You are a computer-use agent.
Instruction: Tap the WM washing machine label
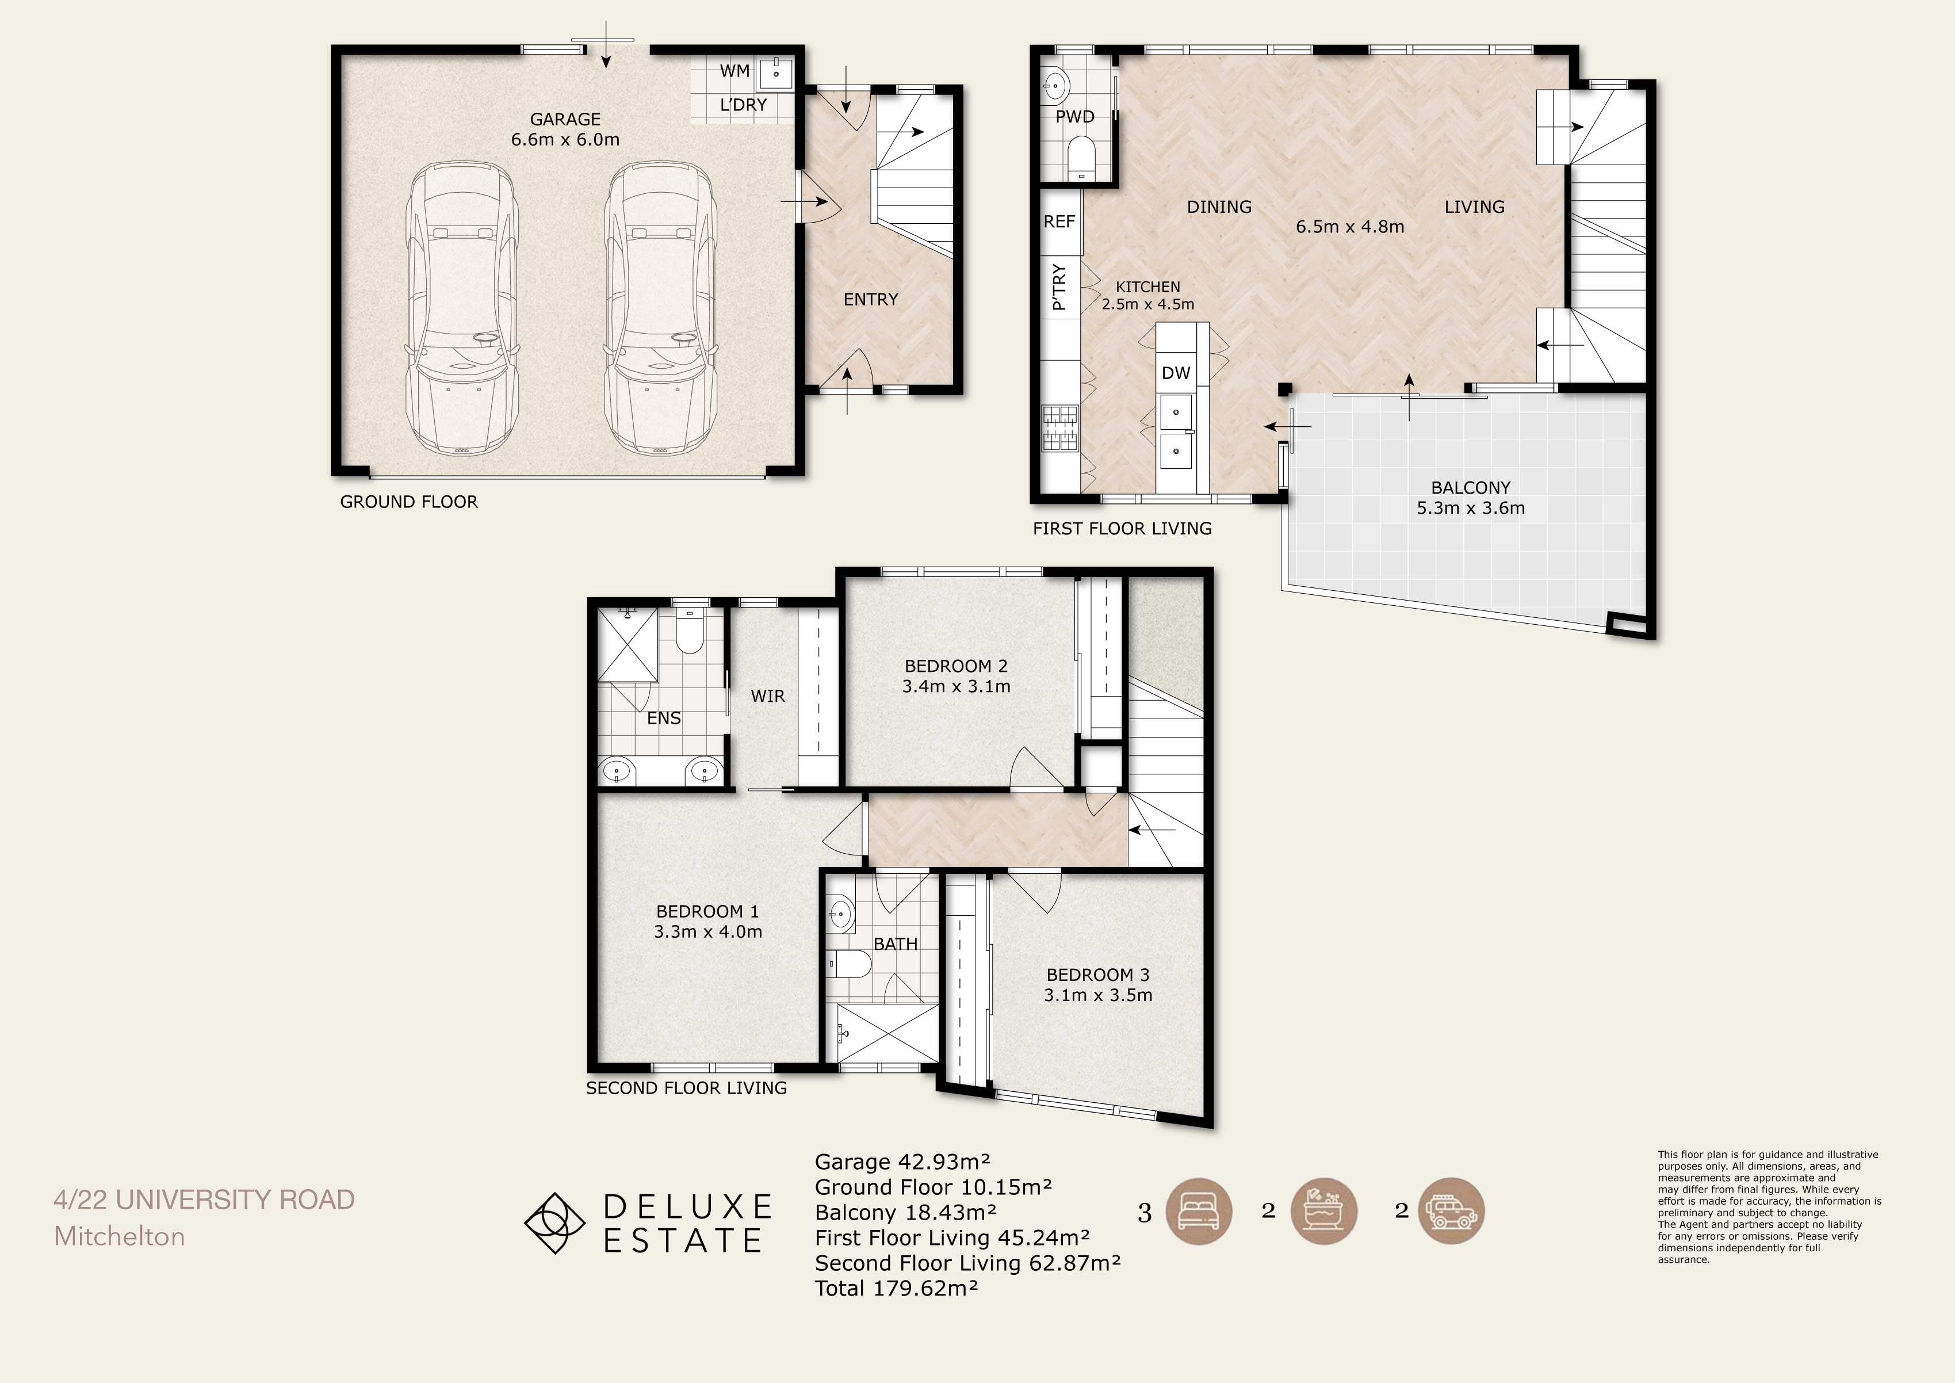point(735,71)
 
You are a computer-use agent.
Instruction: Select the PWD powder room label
point(1074,117)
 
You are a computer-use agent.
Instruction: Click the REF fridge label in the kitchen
point(1059,221)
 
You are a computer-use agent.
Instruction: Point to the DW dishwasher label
point(1176,373)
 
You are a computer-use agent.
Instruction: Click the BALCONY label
point(1471,488)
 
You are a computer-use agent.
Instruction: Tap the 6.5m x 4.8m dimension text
point(1349,227)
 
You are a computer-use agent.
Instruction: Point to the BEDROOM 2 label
point(956,666)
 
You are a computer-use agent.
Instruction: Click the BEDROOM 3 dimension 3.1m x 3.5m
point(1099,995)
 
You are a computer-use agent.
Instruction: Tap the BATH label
point(896,945)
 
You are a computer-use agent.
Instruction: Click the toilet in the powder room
point(1081,158)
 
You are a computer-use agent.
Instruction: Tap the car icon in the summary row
point(1452,1211)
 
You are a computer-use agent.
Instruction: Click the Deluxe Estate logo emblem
point(555,1224)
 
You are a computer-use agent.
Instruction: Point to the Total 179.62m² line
point(896,1288)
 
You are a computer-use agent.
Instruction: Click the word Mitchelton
point(119,1236)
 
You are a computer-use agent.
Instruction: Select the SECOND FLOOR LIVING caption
point(686,1088)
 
